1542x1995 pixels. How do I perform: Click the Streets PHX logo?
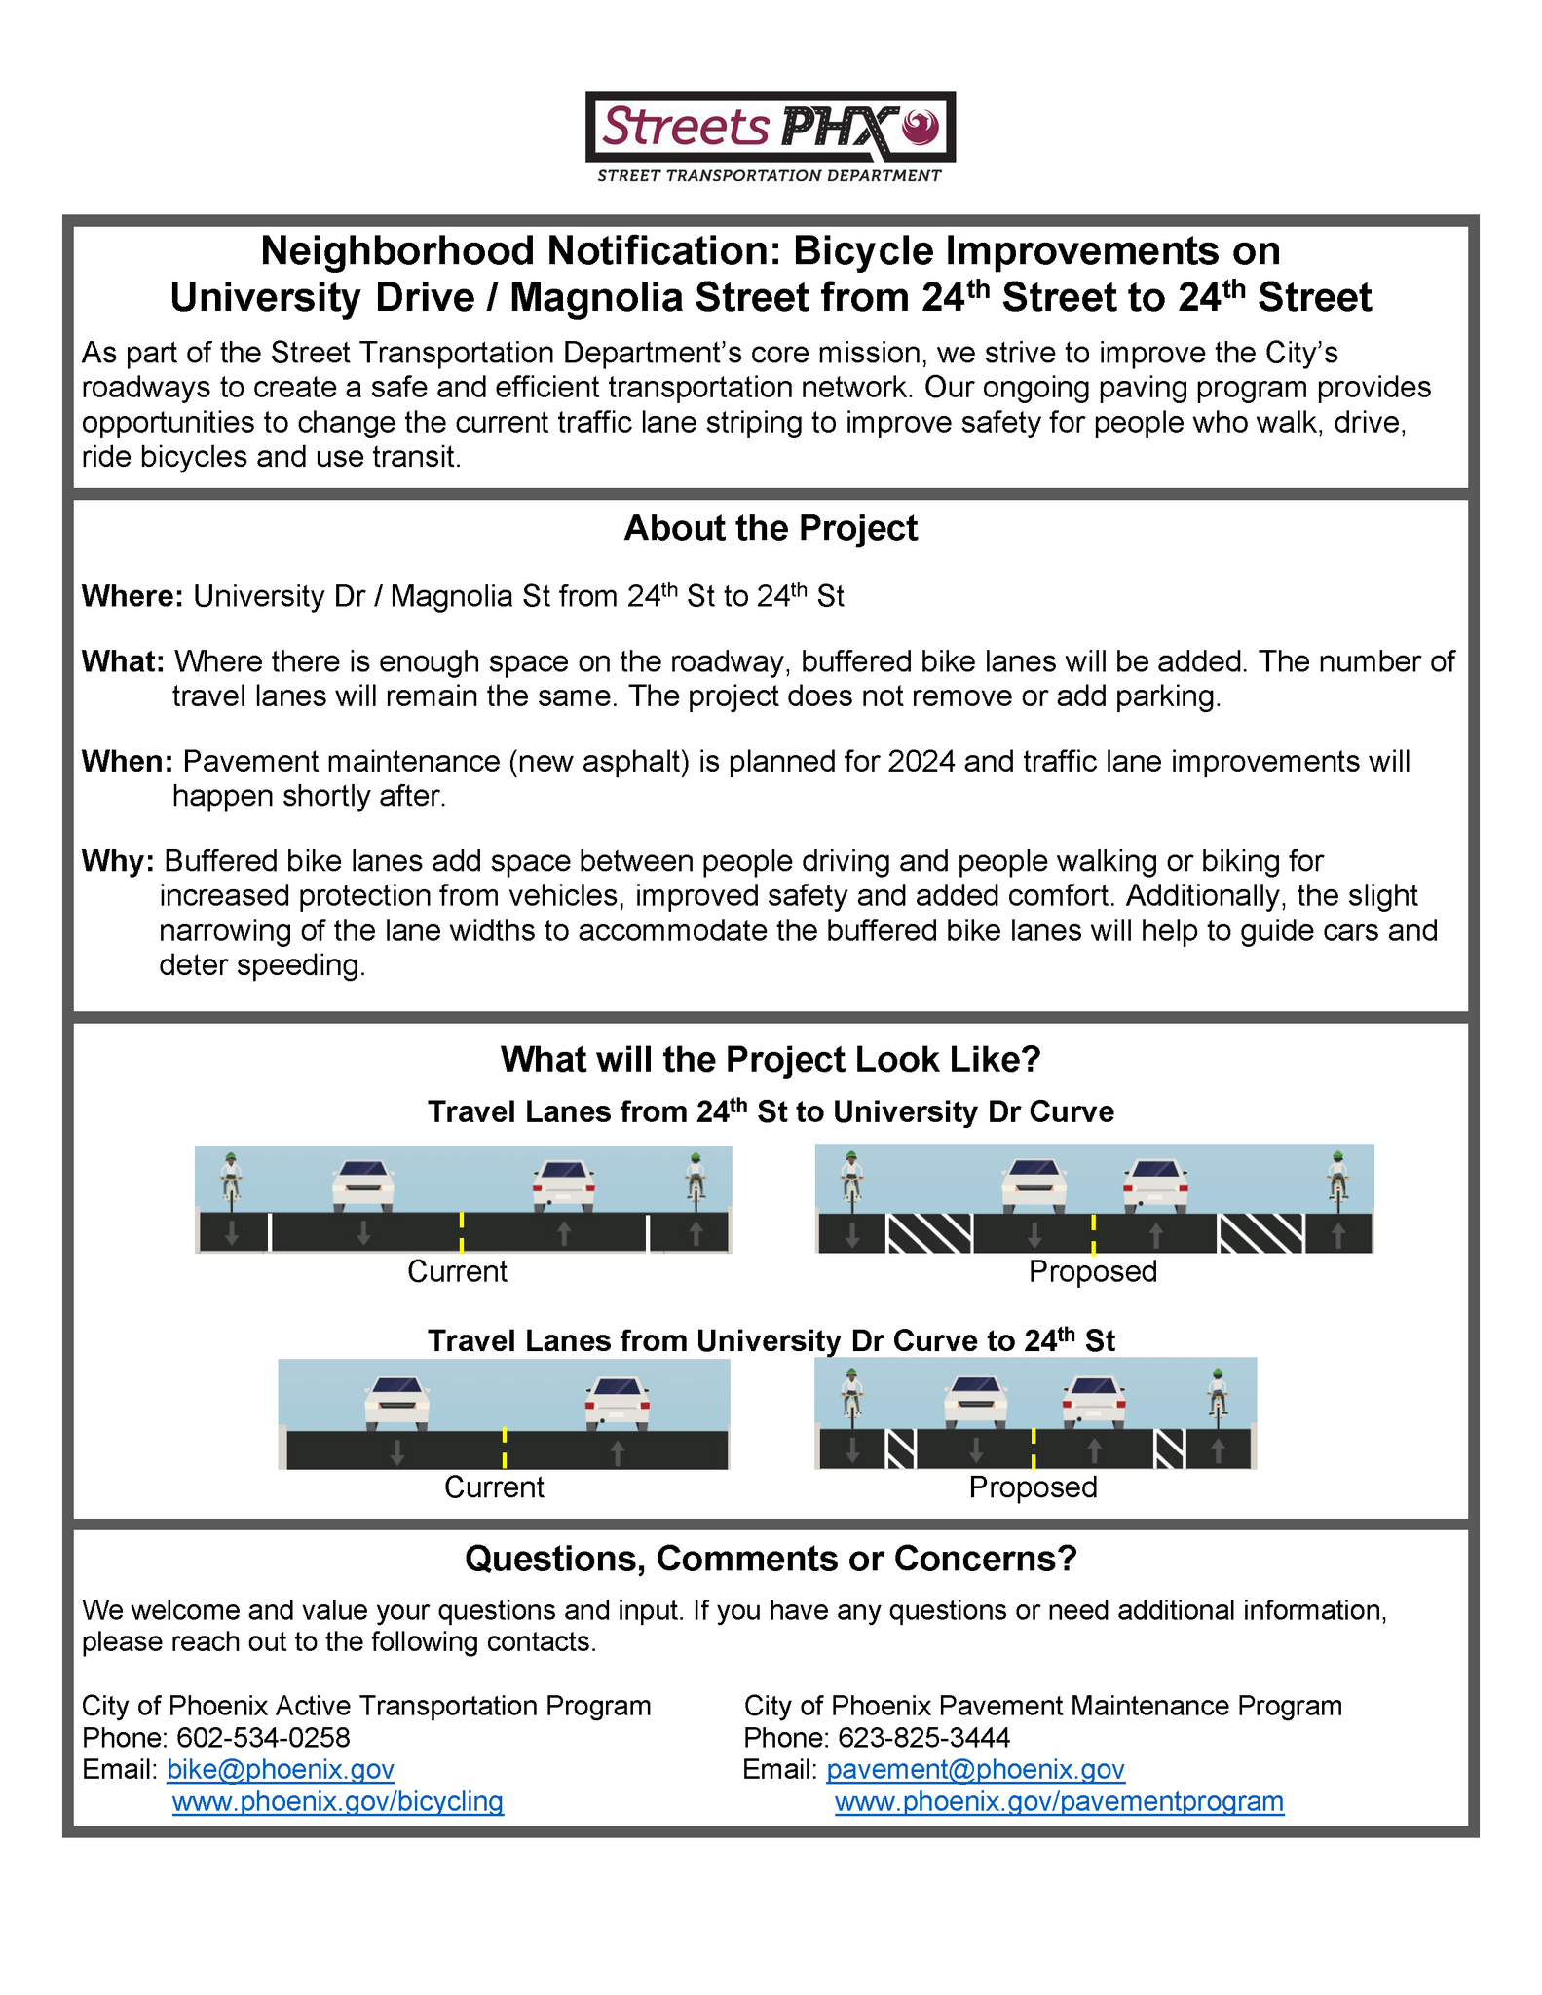770,135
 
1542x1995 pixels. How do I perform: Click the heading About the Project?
770,529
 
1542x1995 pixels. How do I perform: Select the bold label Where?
132,596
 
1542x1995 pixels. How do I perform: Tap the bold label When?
127,762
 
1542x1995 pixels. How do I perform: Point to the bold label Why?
118,861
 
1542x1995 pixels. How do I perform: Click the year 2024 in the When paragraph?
921,762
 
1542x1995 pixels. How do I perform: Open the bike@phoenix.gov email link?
281,1769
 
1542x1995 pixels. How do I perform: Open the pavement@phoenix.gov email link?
975,1769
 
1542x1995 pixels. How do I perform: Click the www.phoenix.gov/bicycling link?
337,1801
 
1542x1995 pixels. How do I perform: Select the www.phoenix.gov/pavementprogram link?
1059,1801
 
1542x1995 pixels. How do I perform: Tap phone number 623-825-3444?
923,1737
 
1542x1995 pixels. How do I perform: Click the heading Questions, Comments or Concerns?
770,1559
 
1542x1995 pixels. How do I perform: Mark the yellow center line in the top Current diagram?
461,1231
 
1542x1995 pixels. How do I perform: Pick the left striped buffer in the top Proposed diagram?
929,1233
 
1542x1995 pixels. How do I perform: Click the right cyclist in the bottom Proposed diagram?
1217,1393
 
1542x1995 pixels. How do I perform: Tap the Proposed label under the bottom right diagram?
1033,1487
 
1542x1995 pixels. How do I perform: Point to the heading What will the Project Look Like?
770,1060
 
